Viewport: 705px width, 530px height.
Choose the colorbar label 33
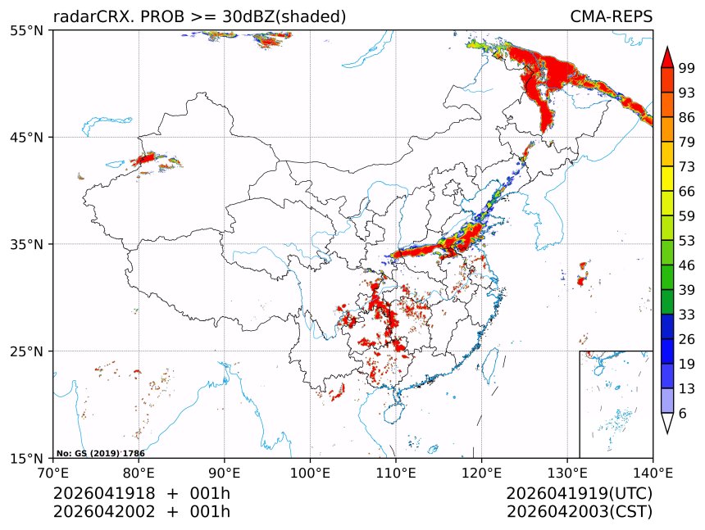tap(687, 315)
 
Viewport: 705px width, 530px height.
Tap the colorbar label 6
tap(683, 414)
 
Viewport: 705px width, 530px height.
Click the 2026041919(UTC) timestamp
tap(579, 494)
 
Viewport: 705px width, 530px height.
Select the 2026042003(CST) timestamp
tap(579, 512)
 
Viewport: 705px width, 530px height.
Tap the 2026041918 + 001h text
tap(142, 494)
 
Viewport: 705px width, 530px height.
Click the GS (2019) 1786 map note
tap(101, 453)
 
